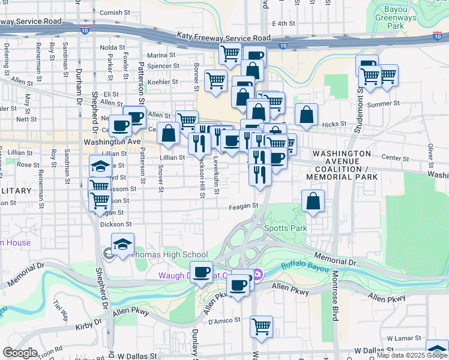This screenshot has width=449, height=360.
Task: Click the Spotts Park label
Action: coord(286,228)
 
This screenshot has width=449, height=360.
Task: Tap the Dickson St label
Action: coord(116,224)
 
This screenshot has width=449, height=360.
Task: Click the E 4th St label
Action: coord(284,23)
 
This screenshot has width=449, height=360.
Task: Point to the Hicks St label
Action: coord(335,124)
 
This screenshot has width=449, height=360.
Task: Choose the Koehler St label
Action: coord(163,82)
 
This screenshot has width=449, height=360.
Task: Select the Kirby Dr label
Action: coord(87,326)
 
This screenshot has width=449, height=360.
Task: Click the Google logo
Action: coord(20,353)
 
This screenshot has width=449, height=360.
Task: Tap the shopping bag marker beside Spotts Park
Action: coord(313,201)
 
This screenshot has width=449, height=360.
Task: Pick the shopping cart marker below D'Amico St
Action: coord(261,327)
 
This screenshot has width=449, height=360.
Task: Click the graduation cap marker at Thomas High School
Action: coord(122,244)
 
